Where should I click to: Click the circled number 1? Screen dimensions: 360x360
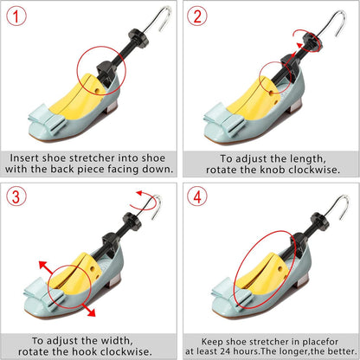coord(16,16)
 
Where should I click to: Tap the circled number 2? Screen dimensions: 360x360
coord(197,16)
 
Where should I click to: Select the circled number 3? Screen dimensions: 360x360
coord(16,196)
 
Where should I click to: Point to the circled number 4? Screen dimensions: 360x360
coord(197,196)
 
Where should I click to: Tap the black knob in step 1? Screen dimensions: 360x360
coord(138,38)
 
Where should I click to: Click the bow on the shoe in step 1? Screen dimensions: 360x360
coord(48,119)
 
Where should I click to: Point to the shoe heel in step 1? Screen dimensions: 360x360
coord(114,106)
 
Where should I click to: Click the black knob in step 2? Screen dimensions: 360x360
coord(312,41)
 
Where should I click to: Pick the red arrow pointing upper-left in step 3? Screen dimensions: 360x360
coord(46,267)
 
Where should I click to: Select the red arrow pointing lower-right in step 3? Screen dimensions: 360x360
coord(87,310)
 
